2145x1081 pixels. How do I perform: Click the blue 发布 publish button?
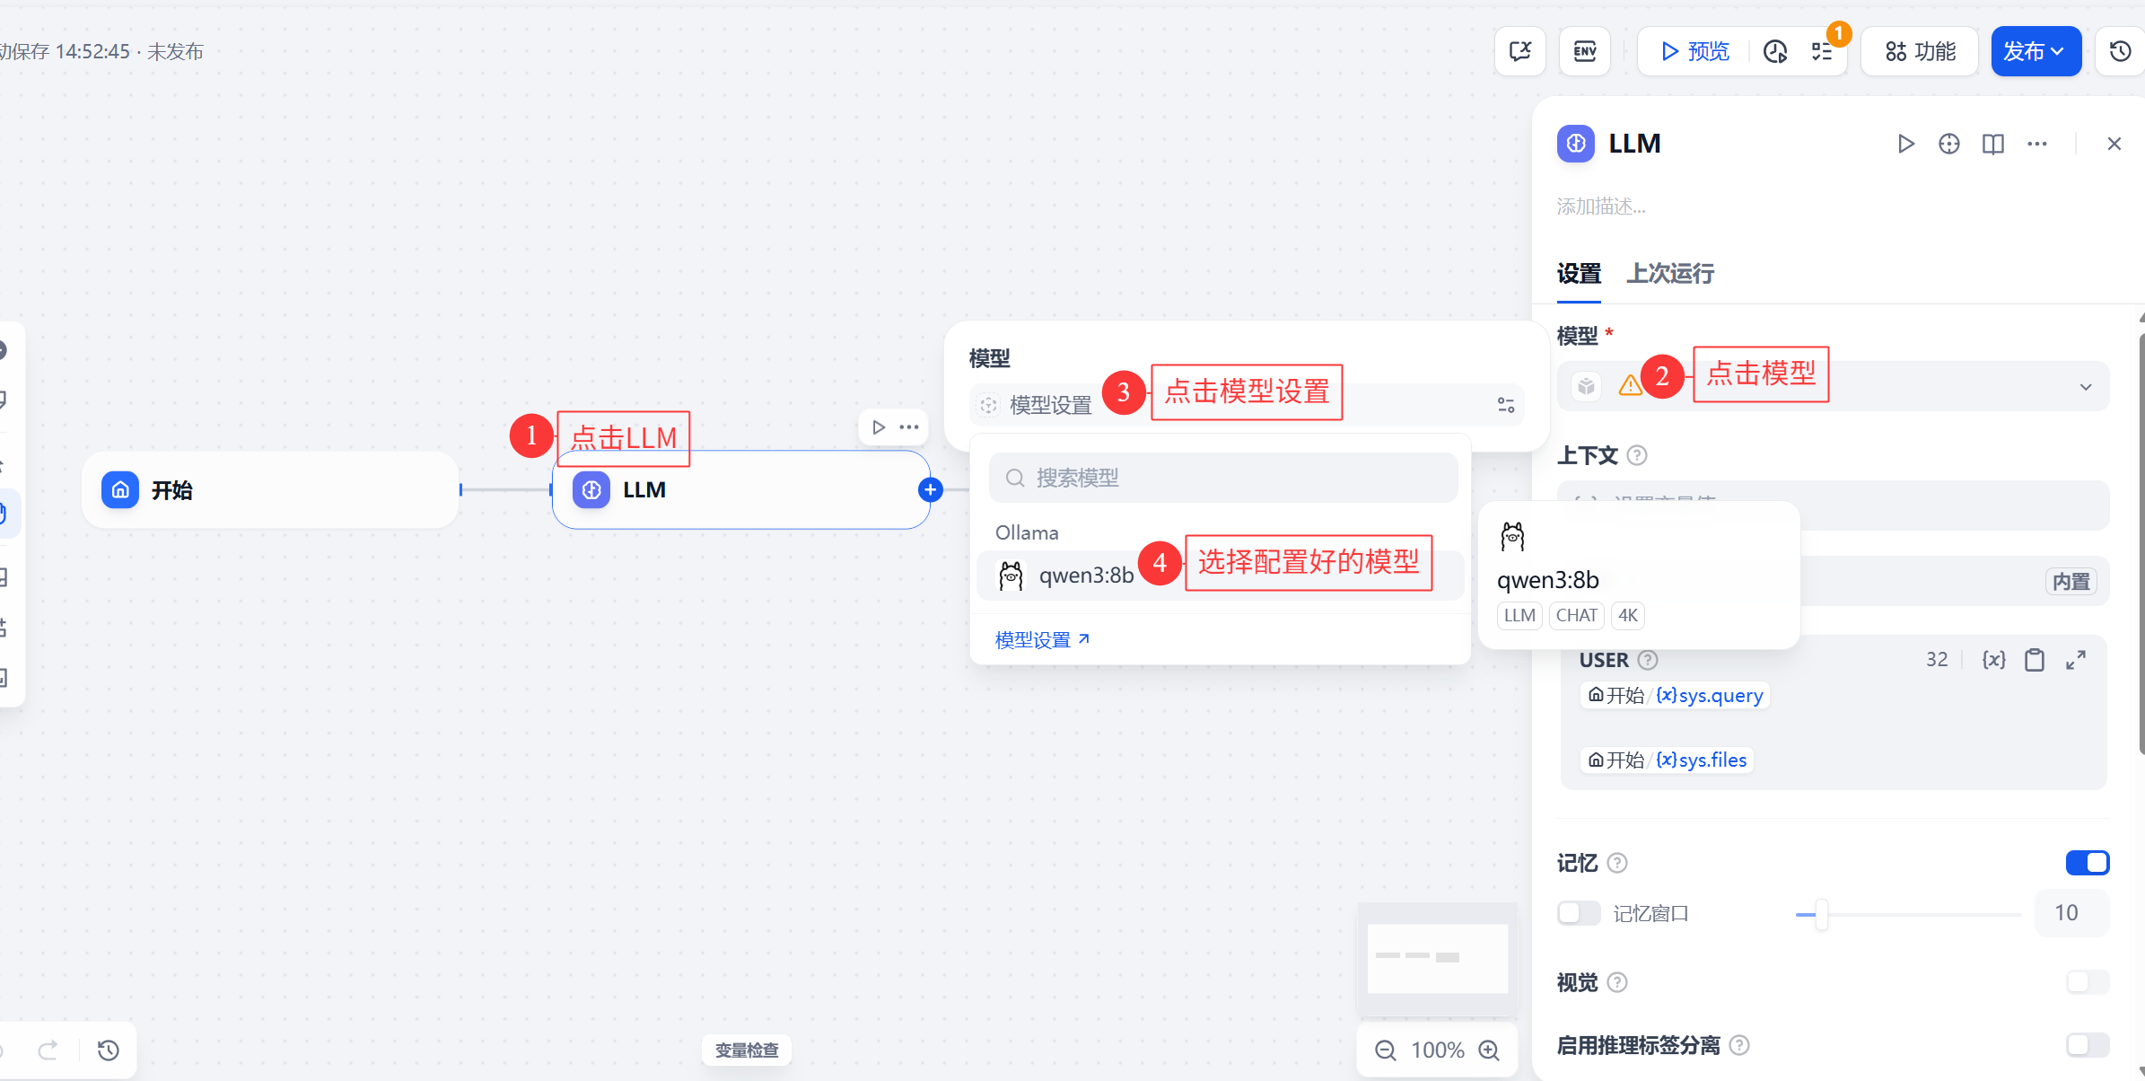(2035, 51)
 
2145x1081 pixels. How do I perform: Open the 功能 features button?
(1920, 51)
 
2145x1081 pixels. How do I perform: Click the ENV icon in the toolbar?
(1585, 51)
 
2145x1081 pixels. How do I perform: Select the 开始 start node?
(269, 490)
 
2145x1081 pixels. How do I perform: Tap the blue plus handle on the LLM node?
(931, 489)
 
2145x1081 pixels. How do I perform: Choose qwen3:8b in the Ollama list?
(1085, 576)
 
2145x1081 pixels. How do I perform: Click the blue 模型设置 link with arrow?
(1042, 640)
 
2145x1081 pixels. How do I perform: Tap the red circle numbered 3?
(1123, 392)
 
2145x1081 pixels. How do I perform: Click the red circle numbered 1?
(531, 435)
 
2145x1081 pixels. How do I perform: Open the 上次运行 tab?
(1670, 273)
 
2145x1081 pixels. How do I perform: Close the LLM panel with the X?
(2114, 144)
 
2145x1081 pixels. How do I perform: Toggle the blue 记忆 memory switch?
(2087, 863)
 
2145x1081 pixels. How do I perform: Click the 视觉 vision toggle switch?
(2087, 982)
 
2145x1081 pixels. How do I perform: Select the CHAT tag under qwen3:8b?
(1576, 616)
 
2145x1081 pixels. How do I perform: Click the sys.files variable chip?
(1667, 760)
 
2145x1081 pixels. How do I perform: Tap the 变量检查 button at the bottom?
(747, 1050)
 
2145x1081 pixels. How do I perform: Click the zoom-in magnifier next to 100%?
(1489, 1050)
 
